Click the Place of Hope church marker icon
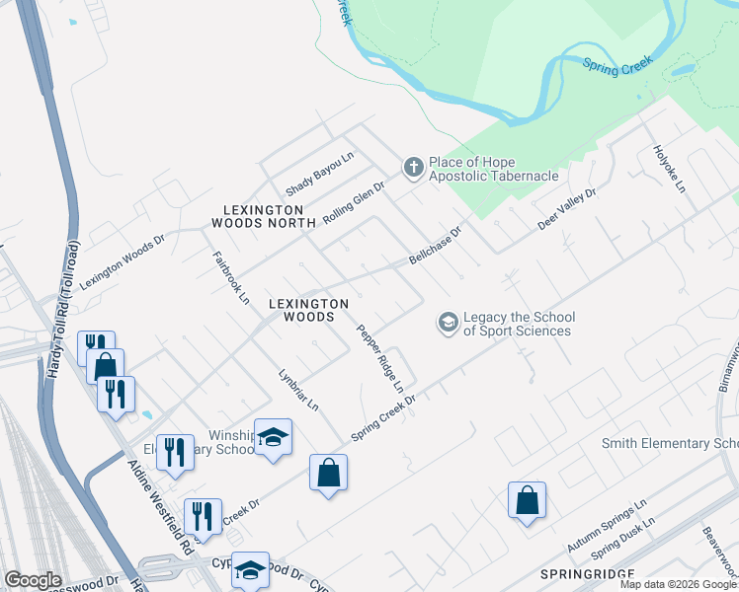click(413, 169)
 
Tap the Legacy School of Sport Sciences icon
click(448, 324)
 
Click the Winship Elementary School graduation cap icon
click(273, 437)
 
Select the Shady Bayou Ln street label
click(319, 174)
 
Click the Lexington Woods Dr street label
click(122, 262)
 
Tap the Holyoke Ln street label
click(668, 169)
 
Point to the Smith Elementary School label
click(670, 444)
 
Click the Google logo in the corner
click(33, 579)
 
